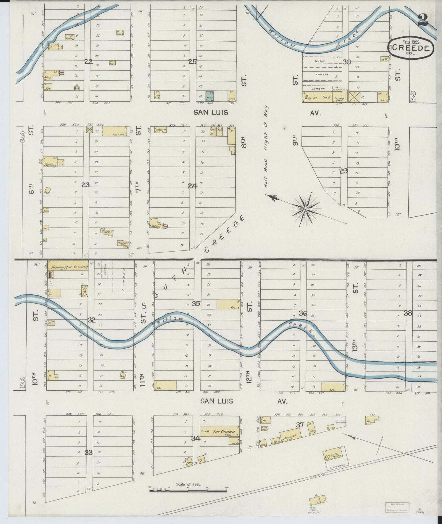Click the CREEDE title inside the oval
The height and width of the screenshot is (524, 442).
pos(410,48)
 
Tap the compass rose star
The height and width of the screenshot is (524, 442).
pos(305,209)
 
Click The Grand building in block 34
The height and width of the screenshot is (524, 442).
pos(220,431)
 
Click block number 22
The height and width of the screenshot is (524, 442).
pos(88,62)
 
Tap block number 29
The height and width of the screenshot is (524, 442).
pos(343,171)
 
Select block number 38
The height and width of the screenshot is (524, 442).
pos(407,313)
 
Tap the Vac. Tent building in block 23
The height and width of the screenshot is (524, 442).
pos(114,131)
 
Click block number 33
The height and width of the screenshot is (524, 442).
pos(88,452)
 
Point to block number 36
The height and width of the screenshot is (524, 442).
pos(303,313)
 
